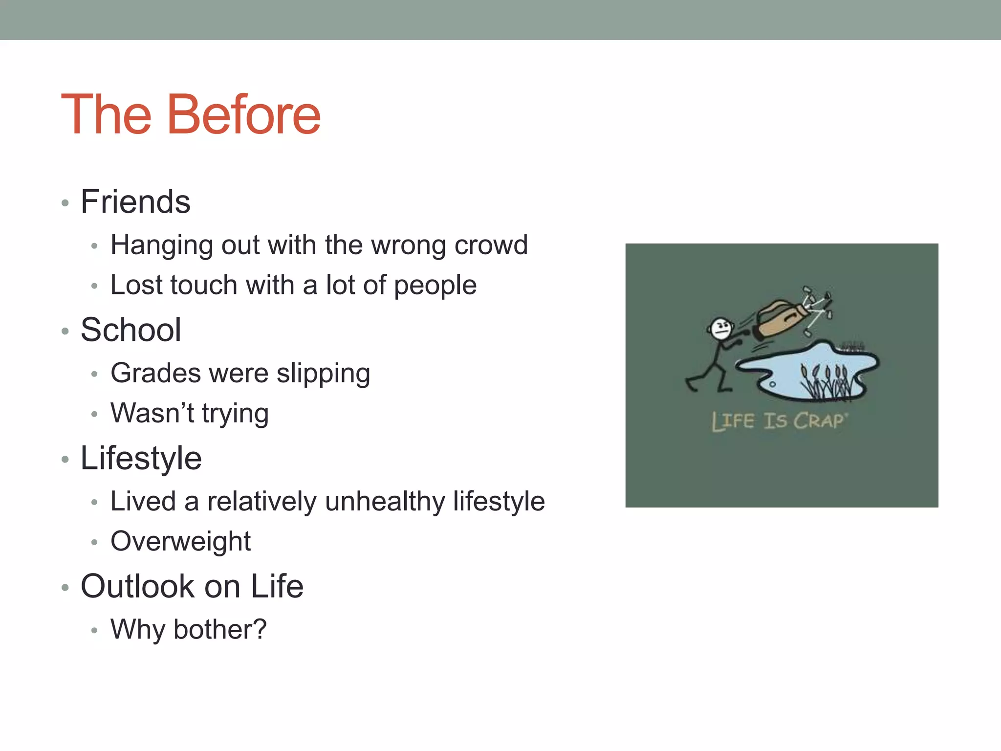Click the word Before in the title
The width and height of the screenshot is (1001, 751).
[244, 114]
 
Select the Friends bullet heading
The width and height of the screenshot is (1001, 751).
[135, 201]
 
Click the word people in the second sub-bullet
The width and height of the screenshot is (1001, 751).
[435, 286]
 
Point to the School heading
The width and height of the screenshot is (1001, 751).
[131, 330]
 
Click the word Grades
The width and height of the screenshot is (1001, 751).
[155, 373]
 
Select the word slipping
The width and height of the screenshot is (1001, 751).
[323, 374]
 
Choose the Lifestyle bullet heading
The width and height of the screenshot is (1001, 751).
[141, 458]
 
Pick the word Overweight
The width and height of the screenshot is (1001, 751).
[180, 542]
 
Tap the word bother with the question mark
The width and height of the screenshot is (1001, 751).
[220, 629]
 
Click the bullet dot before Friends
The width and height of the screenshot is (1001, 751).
[65, 203]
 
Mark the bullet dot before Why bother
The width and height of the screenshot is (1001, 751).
[94, 631]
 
